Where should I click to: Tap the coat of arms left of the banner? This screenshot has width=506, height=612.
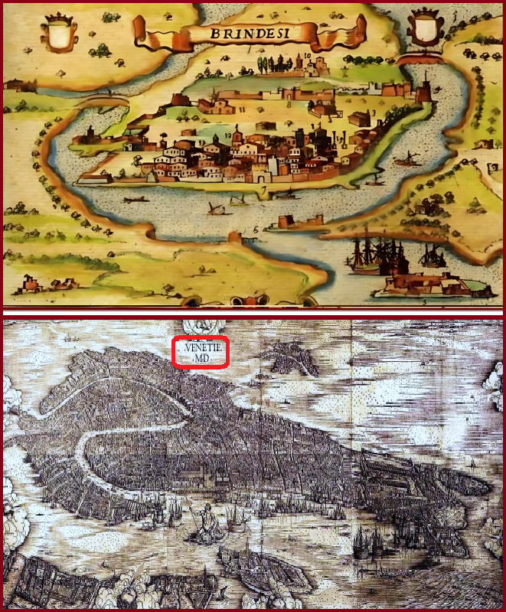pyautogui.click(x=57, y=33)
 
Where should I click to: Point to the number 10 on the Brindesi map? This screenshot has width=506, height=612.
pyautogui.click(x=306, y=56)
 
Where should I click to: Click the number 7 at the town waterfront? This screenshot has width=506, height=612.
pyautogui.click(x=264, y=188)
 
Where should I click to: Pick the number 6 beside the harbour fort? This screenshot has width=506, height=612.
pyautogui.click(x=256, y=228)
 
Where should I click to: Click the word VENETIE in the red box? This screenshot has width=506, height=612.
pyautogui.click(x=200, y=347)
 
